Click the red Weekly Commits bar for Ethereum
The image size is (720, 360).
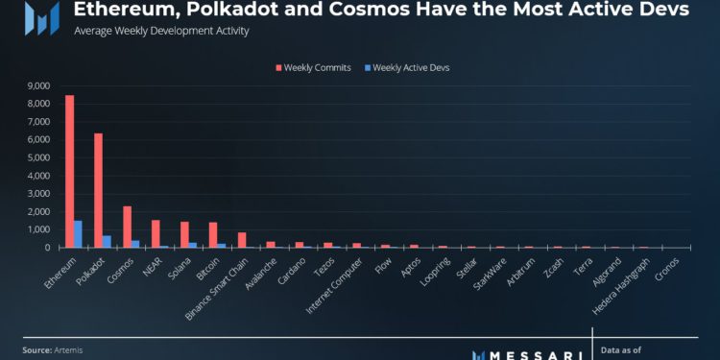(x=69, y=171)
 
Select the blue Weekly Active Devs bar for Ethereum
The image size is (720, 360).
(x=78, y=233)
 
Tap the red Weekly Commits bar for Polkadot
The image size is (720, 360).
(x=98, y=190)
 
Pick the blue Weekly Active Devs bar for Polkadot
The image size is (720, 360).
(x=107, y=241)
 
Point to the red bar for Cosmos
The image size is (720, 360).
(x=127, y=227)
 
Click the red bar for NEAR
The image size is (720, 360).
(x=156, y=233)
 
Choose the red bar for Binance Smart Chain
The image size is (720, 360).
(x=242, y=240)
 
